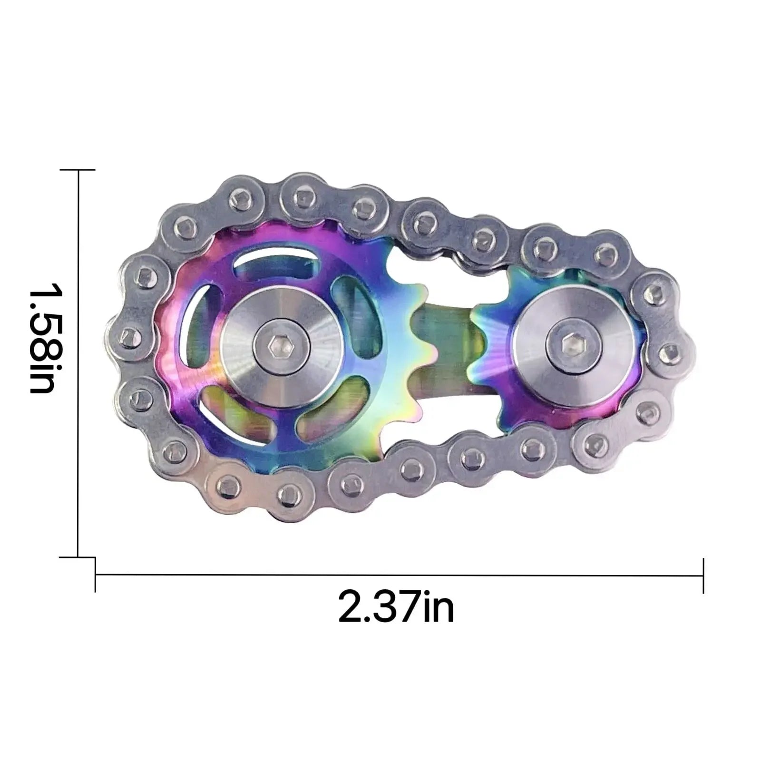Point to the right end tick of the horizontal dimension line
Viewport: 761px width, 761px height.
tap(703, 576)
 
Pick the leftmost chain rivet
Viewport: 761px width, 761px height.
tap(129, 339)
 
